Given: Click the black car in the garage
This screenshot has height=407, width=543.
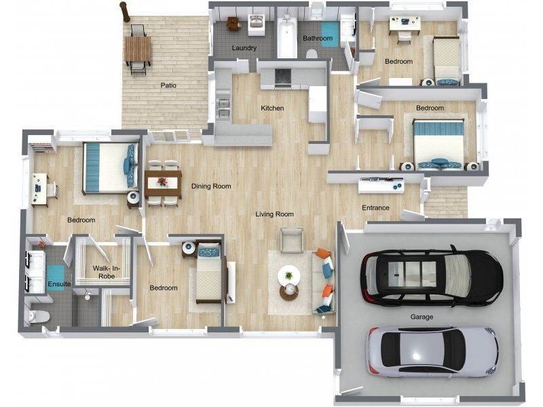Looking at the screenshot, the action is [432, 275].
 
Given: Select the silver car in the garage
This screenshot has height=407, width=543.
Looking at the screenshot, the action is [433, 351].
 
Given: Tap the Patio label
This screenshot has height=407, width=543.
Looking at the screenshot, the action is [168, 85].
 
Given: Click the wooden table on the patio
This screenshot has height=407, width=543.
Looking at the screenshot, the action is [138, 49].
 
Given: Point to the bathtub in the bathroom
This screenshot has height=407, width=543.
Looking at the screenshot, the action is [286, 36].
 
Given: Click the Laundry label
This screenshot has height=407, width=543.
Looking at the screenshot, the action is [244, 47].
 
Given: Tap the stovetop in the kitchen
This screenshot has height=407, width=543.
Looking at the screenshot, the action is [283, 77].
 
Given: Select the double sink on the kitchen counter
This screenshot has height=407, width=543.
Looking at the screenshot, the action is [223, 107].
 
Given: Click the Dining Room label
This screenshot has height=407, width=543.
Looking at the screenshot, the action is [211, 186].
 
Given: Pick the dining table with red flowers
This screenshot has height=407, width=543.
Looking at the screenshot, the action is [163, 184].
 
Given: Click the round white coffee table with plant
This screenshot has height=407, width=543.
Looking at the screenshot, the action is [289, 275].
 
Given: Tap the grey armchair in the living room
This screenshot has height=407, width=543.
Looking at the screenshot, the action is [292, 240].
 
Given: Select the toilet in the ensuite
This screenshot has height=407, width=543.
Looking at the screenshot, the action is [39, 316].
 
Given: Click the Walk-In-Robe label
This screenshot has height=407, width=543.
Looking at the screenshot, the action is [104, 273].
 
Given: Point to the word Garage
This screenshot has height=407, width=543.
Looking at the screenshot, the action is [422, 317].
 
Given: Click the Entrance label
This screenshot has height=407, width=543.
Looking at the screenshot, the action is [375, 208].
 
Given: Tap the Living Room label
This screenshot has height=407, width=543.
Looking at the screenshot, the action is [275, 214].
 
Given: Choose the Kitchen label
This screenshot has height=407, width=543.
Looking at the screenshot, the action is [272, 109].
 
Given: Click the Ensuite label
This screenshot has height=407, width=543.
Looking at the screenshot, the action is [59, 284].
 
